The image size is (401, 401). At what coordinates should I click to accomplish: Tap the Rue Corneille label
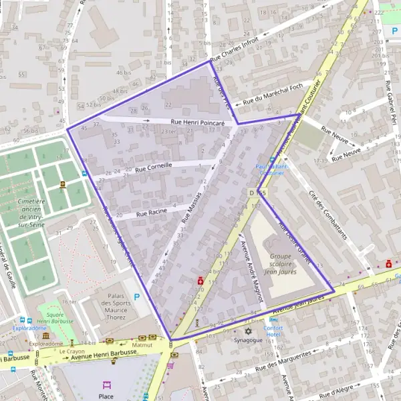click(153, 166)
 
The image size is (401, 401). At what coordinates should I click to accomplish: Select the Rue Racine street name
click(151, 212)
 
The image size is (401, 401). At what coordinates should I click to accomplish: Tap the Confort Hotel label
click(274, 331)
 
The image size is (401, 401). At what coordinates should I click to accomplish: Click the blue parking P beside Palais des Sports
click(137, 297)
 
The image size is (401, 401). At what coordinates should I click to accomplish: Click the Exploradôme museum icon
click(45, 335)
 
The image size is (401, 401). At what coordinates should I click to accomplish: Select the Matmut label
click(142, 345)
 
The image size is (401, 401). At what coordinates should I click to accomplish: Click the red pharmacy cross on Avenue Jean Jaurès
click(389, 263)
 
